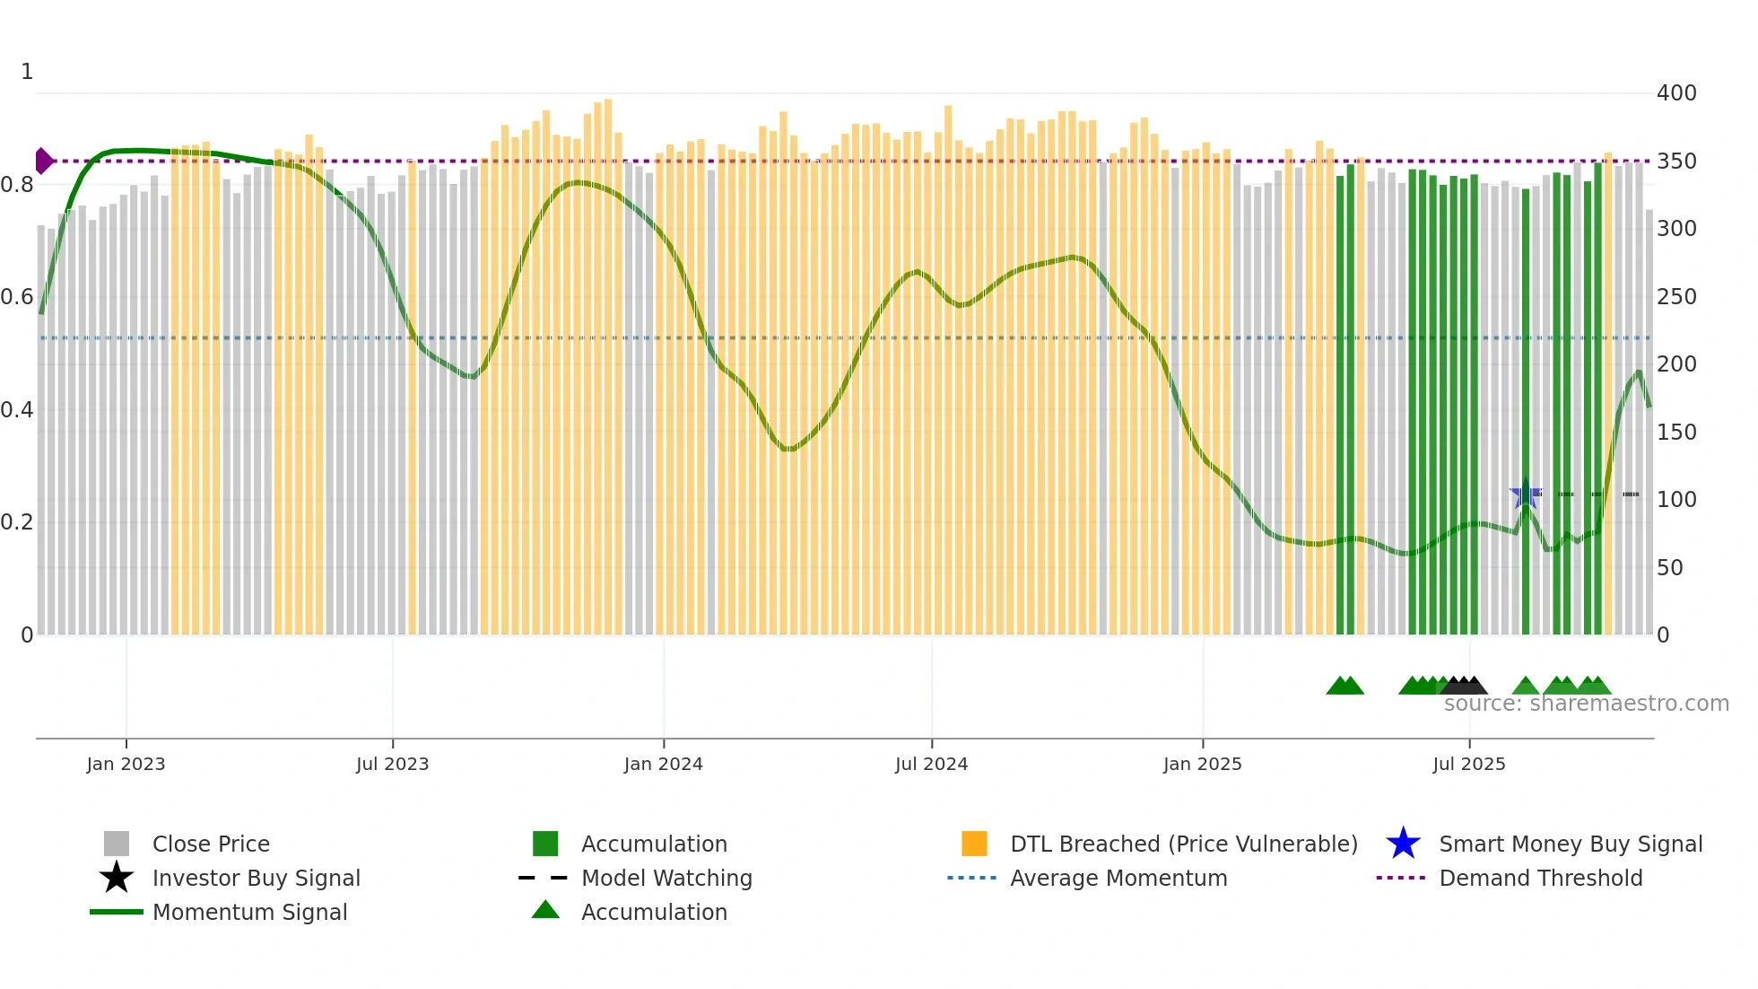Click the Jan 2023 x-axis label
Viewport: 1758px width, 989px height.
click(x=126, y=764)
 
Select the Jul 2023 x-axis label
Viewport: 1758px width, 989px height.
click(x=392, y=764)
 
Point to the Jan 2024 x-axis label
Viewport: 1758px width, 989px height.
click(x=663, y=764)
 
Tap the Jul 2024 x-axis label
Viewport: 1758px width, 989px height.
click(x=931, y=764)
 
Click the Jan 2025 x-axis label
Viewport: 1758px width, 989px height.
click(x=1202, y=764)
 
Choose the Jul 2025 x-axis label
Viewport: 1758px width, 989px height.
click(x=1468, y=764)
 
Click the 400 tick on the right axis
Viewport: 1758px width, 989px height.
click(x=1675, y=93)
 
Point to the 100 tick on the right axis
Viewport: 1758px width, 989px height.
click(x=1675, y=500)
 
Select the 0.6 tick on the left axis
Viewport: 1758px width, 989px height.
click(x=17, y=297)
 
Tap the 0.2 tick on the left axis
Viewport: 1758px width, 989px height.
click(x=17, y=522)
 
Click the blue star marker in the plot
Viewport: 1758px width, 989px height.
click(x=1525, y=494)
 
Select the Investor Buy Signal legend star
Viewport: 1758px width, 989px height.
click(x=117, y=878)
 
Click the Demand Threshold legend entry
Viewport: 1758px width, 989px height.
click(x=1540, y=878)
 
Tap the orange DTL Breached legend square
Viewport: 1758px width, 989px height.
click(x=973, y=844)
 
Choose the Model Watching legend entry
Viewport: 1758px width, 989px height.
click(x=666, y=878)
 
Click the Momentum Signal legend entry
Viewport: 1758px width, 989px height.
click(x=249, y=912)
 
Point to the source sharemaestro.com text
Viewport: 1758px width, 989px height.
click(x=1586, y=704)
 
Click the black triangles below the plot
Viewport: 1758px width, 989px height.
click(x=1464, y=686)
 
